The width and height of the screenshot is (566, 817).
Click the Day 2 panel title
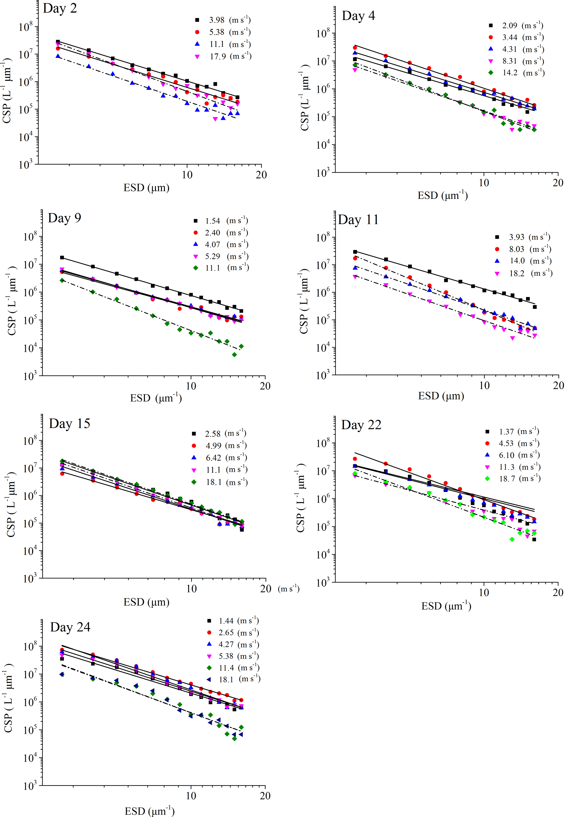pos(60,8)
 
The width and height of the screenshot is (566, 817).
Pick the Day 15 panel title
pos(69,424)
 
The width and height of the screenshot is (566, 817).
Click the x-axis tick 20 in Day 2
pos(261,175)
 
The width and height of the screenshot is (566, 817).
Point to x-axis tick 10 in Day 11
pos(484,385)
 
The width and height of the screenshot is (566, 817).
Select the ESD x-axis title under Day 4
pos(442,195)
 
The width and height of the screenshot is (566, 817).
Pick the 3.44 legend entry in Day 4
pos(523,37)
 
